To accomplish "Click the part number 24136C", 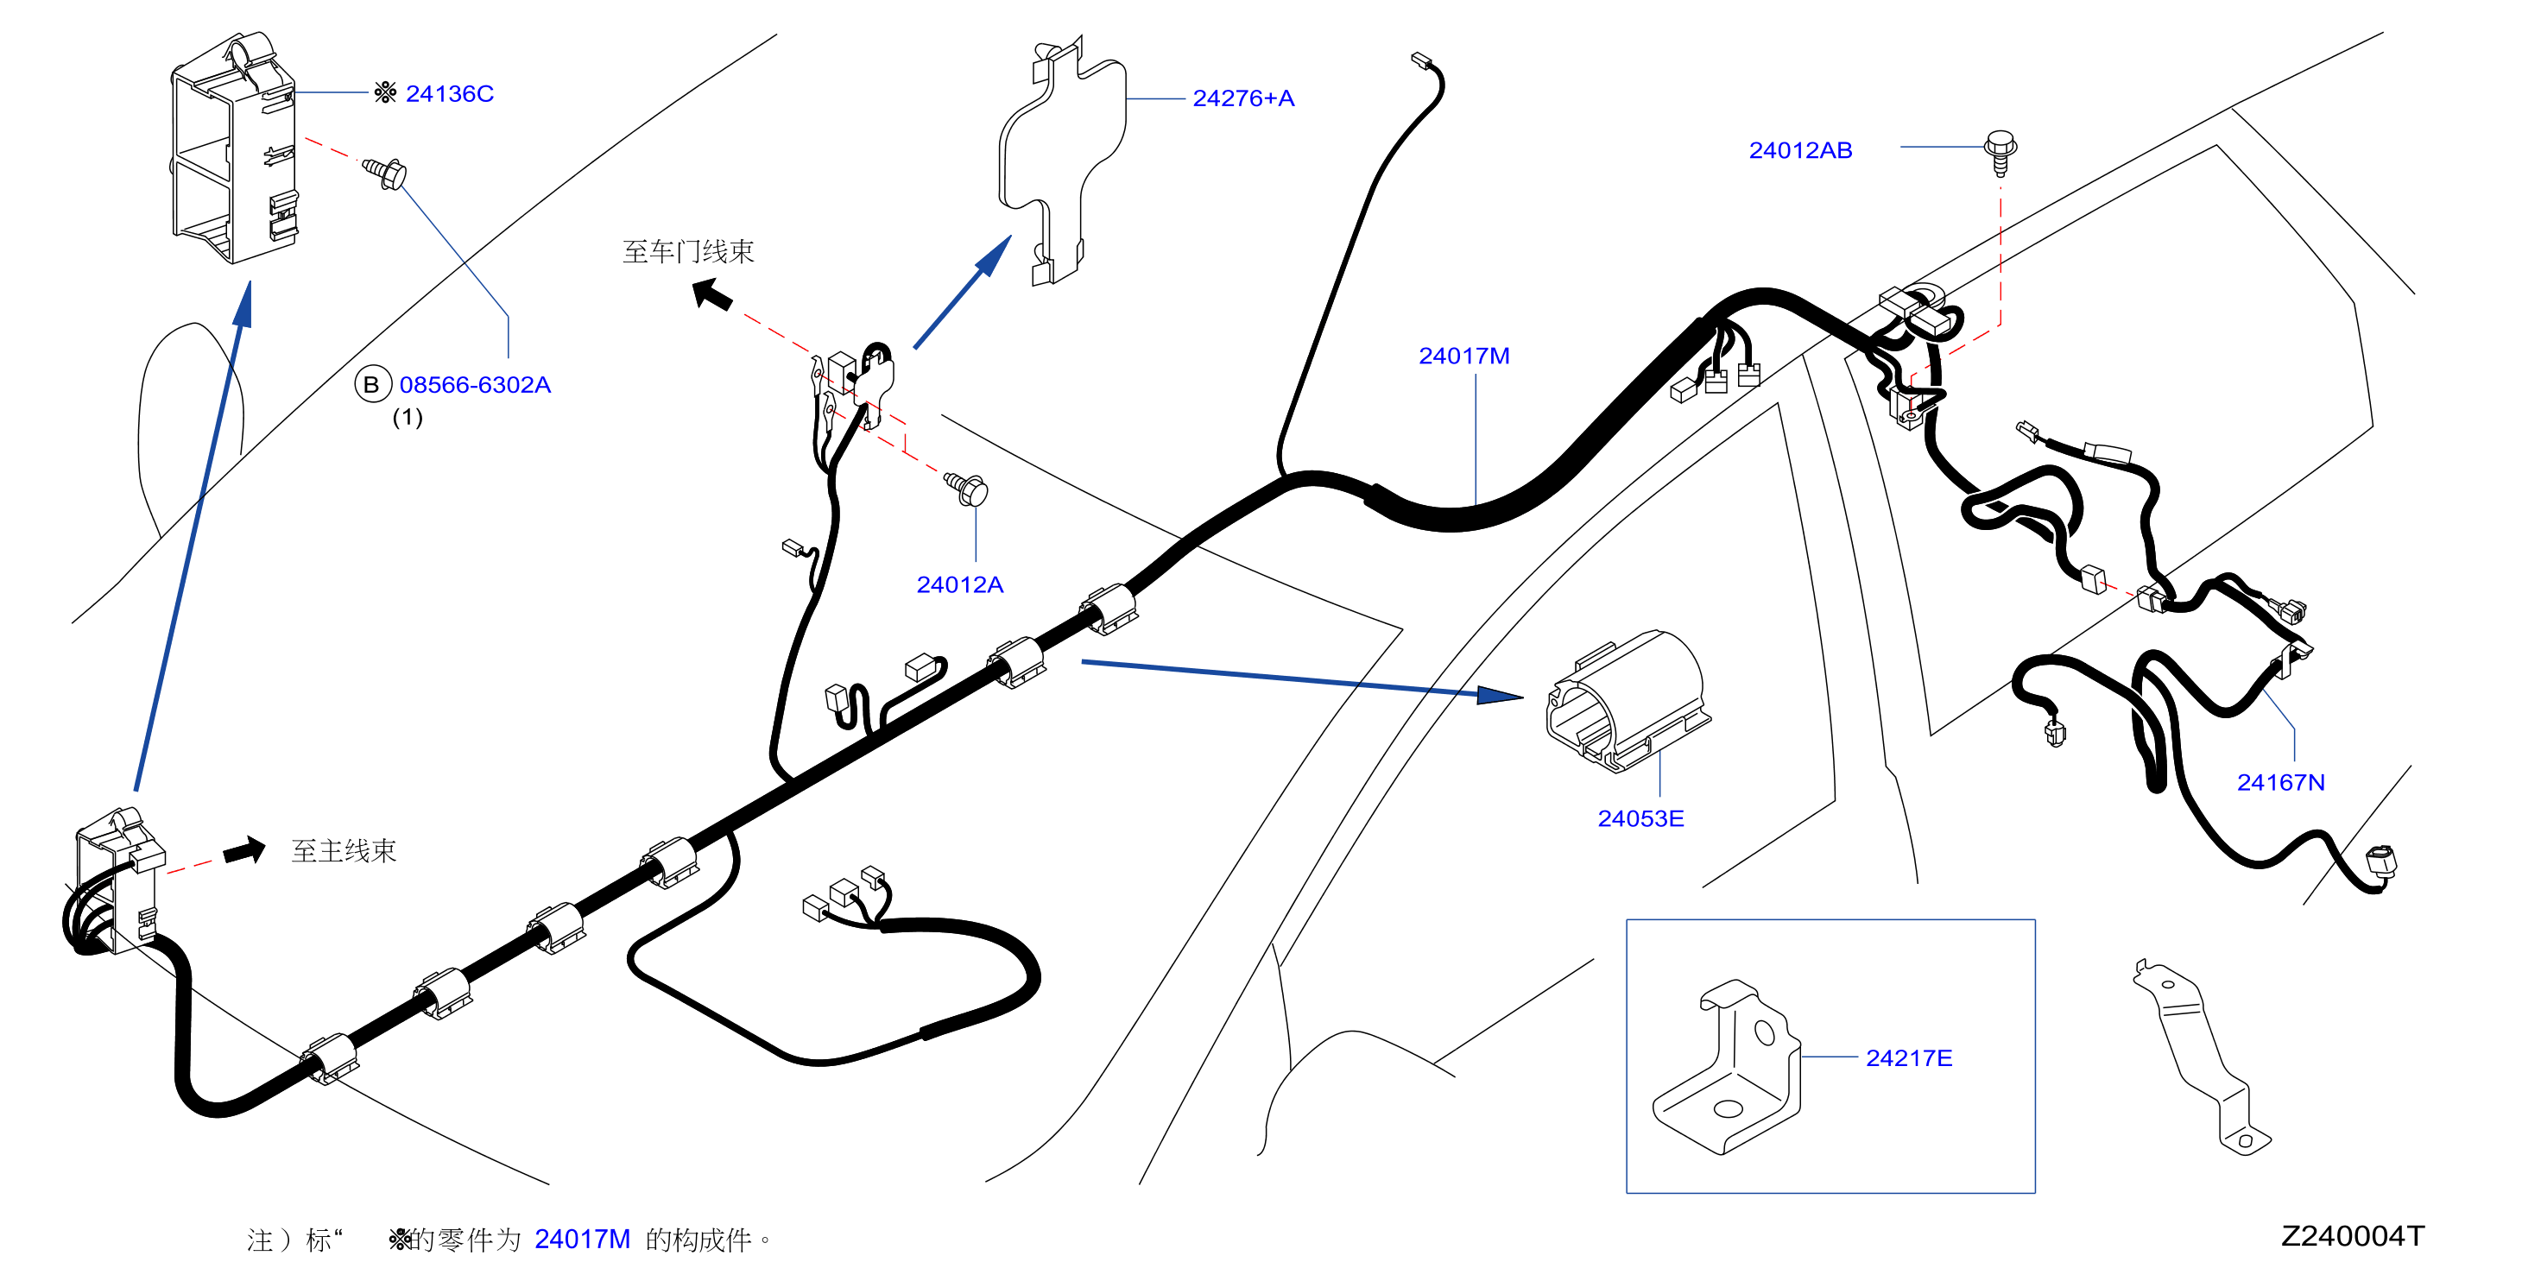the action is click(x=449, y=94).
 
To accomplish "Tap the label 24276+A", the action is click(x=1243, y=99).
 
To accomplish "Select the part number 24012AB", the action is click(x=1800, y=151).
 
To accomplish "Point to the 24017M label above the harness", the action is click(x=1463, y=357).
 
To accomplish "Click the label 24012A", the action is click(x=959, y=585).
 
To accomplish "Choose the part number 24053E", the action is click(x=1640, y=819).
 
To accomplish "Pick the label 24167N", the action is click(x=2280, y=783).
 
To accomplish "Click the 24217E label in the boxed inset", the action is click(x=1909, y=1059).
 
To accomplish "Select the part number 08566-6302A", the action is click(x=475, y=386).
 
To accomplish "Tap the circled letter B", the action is click(x=372, y=385).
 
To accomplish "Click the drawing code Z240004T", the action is click(x=2353, y=1237).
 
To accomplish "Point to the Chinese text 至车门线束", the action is click(x=688, y=252).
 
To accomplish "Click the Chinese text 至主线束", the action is click(x=344, y=851).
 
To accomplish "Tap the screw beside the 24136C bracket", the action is click(x=386, y=174).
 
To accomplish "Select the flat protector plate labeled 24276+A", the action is click(x=1062, y=161).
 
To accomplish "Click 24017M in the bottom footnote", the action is click(x=583, y=1240).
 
